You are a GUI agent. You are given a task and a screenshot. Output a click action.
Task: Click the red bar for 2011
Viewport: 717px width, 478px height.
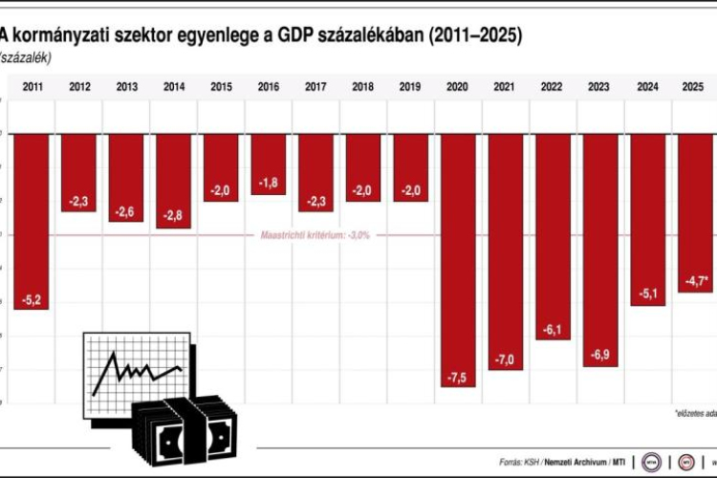[x=32, y=221]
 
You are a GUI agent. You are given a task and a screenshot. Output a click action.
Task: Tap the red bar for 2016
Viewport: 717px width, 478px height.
[x=269, y=163]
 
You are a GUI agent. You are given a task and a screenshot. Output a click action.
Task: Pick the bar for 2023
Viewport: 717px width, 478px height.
[x=599, y=250]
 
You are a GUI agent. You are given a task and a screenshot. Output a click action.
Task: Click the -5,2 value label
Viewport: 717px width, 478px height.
[x=32, y=300]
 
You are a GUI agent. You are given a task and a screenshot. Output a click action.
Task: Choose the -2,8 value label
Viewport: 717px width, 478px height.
[x=174, y=217]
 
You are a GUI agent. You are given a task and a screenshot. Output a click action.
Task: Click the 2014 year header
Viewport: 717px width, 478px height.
[x=174, y=87]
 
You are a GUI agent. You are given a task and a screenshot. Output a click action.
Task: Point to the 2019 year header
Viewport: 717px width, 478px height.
[x=410, y=87]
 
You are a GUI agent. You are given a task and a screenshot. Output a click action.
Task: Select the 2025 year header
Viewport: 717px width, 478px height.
[x=693, y=87]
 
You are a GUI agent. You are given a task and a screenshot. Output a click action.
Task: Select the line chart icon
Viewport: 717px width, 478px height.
[x=135, y=369]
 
